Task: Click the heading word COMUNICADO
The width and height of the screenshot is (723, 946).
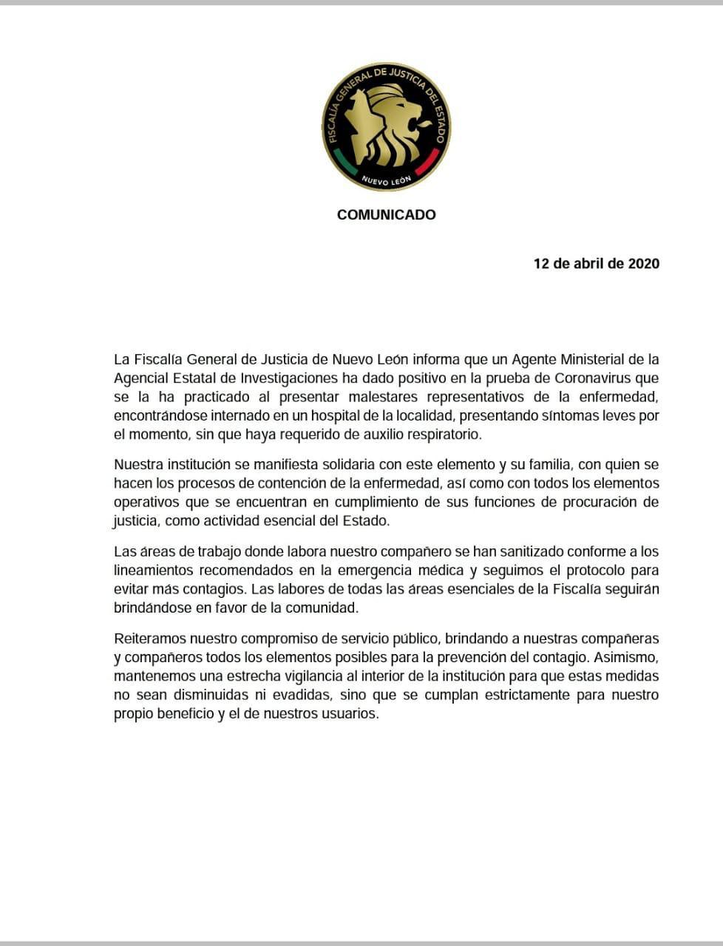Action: tap(386, 215)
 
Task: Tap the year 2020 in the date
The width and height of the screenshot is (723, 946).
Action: tap(643, 264)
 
